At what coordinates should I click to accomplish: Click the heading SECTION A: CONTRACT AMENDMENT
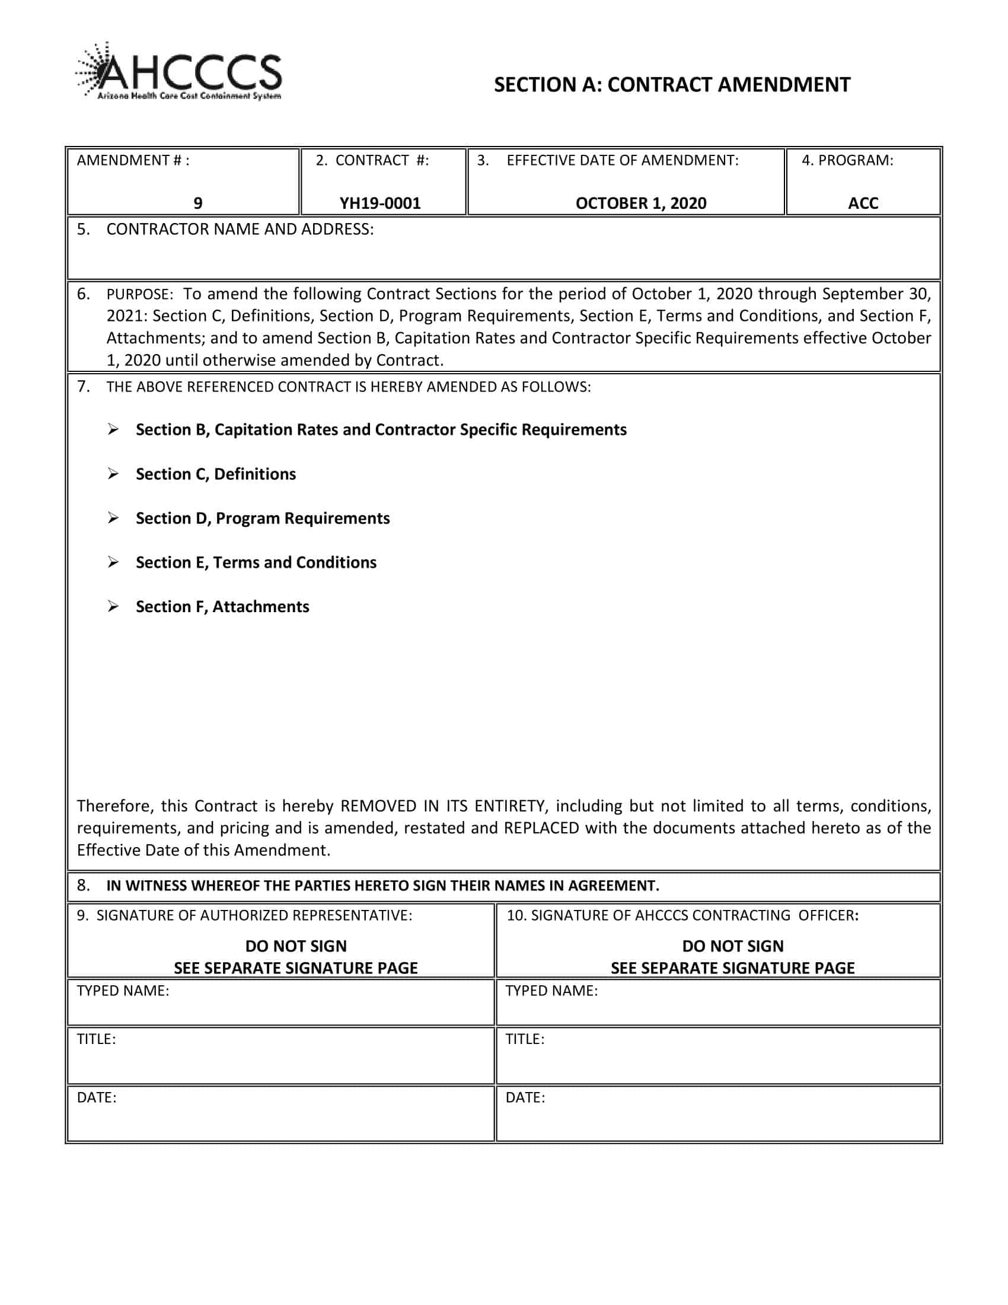coord(672,85)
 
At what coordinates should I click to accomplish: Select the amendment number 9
coord(197,203)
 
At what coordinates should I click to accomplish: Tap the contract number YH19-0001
coord(381,203)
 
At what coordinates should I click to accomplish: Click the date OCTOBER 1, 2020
coord(641,203)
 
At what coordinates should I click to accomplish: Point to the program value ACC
coord(863,203)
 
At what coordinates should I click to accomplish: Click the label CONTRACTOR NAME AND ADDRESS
coord(240,230)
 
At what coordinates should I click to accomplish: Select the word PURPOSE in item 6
coord(139,295)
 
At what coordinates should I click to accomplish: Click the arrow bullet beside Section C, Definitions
coord(113,474)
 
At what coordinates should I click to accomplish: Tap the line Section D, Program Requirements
coord(262,518)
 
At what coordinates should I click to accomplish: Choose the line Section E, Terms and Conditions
coord(256,562)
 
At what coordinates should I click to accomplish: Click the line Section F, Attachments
coord(222,606)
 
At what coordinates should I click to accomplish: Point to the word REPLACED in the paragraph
coord(541,828)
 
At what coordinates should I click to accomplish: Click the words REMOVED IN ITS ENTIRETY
coord(442,806)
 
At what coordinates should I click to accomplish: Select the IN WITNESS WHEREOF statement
coord(382,886)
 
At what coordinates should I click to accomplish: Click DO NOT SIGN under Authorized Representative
coord(296,946)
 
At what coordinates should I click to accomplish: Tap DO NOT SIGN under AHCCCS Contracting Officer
coord(733,946)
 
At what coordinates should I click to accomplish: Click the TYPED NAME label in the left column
coord(123,991)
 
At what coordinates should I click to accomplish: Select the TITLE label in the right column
coord(525,1039)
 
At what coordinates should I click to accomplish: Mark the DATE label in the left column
coord(97,1097)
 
